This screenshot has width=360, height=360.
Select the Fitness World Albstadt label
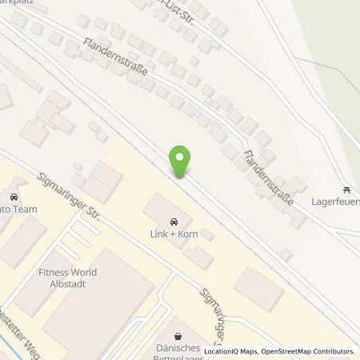(x=68, y=278)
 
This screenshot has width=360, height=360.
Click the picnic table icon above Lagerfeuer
(x=346, y=190)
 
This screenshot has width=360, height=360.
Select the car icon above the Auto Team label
(x=13, y=196)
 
